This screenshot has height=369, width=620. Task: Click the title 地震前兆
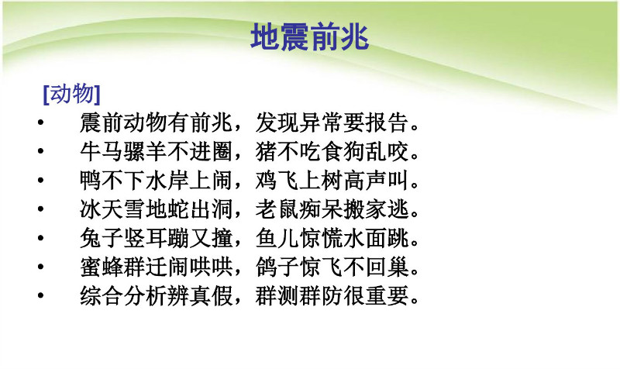[x=309, y=36]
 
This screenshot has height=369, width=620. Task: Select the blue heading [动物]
[x=71, y=94]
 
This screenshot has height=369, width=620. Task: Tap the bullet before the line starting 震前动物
[x=40, y=122]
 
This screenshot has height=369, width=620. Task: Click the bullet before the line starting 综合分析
[x=40, y=295]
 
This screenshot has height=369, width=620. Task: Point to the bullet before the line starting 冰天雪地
[x=40, y=209]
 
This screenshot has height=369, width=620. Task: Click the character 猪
[x=266, y=151]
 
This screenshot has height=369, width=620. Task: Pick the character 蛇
[x=178, y=209]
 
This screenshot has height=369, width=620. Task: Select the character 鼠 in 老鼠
[x=288, y=209]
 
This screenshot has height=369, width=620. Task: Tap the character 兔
[x=91, y=238]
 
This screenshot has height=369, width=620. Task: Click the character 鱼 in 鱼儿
[x=266, y=238]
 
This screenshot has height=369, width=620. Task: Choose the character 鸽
[x=266, y=267]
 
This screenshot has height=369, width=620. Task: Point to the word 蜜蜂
[x=102, y=267]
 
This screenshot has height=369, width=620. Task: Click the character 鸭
[x=91, y=180]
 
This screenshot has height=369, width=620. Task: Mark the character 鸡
[x=266, y=180]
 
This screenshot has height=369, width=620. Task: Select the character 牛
[x=91, y=151]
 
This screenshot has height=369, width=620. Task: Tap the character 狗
[x=354, y=151]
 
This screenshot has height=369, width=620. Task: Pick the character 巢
[x=398, y=267]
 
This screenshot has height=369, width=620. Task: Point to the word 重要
[x=387, y=295]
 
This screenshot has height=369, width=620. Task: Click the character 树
[x=332, y=180]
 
